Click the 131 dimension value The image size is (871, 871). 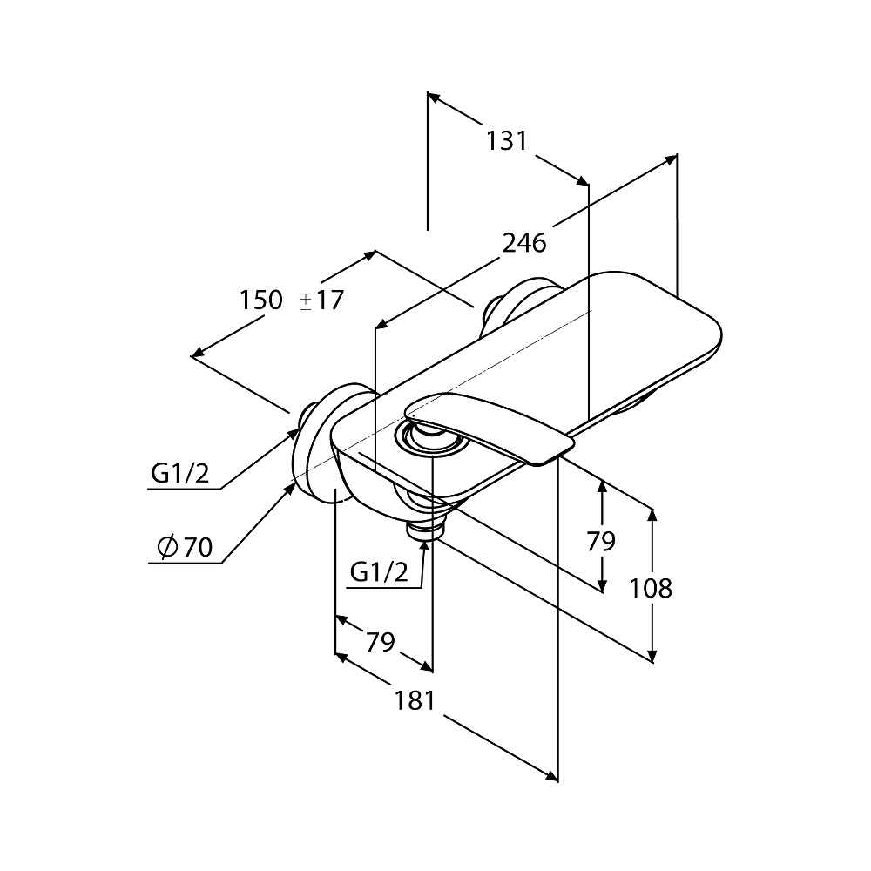tap(507, 140)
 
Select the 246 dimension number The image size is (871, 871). tap(524, 243)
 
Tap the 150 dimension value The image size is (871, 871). tap(261, 300)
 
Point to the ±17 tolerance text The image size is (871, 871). tap(322, 300)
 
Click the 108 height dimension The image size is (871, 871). tap(651, 588)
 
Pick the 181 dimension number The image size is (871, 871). tap(415, 700)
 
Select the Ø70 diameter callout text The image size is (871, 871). tap(186, 547)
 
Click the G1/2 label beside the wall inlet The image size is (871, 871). tap(180, 474)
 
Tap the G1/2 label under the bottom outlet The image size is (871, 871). tap(379, 571)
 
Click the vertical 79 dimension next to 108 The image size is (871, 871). tap(601, 541)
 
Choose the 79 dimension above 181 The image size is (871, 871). tap(380, 642)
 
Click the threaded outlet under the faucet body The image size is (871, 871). tap(424, 529)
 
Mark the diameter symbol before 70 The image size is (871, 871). tap(167, 547)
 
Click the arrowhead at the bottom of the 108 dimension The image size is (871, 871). tap(652, 656)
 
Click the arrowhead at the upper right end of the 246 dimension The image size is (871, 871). tap(671, 159)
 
